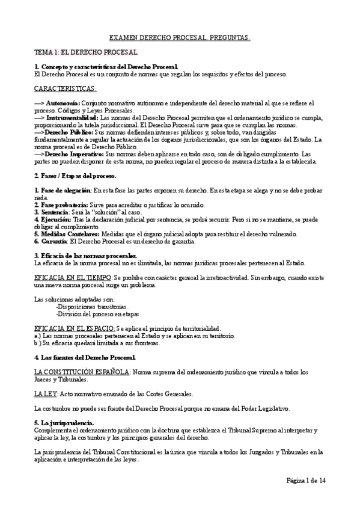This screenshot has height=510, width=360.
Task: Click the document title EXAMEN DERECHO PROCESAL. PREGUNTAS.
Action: (180, 38)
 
